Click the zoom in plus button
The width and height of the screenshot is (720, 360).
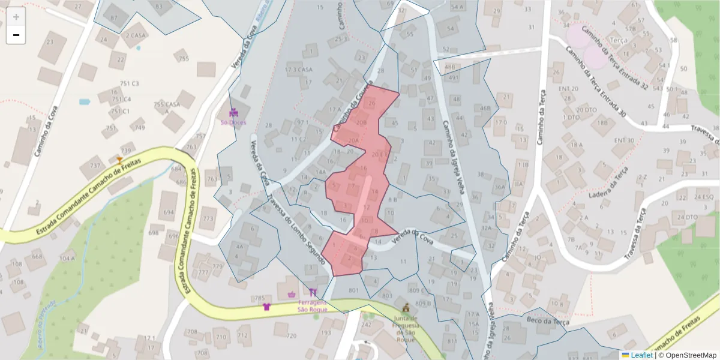(16, 17)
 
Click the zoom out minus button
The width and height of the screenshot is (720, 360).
(16, 35)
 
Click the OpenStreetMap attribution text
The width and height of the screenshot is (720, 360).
(688, 355)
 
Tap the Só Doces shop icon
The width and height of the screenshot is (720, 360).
(234, 112)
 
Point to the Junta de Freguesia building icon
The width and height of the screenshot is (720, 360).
(406, 307)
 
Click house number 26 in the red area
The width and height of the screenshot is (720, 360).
(371, 104)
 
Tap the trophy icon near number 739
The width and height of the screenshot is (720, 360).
(119, 160)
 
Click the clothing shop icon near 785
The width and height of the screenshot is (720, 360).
(266, 307)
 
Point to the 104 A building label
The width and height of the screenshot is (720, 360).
(67, 258)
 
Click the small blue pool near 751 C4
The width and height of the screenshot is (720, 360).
(84, 102)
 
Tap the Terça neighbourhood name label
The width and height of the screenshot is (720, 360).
(618, 40)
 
